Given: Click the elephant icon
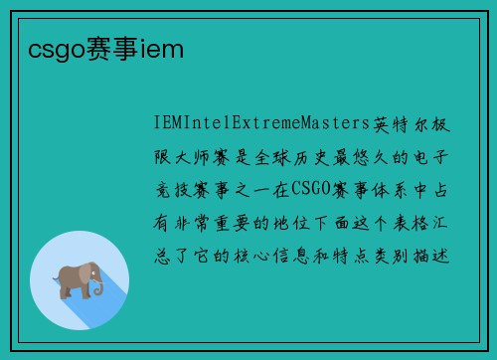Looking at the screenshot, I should [x=80, y=279].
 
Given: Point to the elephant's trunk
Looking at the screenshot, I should [x=98, y=285].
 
